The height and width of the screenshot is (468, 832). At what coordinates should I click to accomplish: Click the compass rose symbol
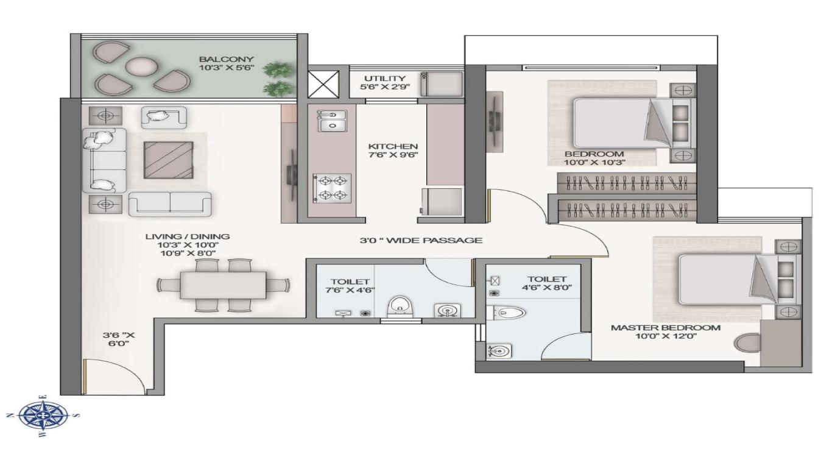(43, 416)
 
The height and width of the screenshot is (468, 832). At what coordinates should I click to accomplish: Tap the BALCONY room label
(226, 59)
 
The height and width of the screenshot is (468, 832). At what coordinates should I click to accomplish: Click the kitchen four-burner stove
(332, 188)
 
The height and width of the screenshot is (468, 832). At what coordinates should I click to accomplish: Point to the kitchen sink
(332, 121)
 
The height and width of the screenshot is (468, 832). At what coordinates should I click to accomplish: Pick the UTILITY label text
(385, 79)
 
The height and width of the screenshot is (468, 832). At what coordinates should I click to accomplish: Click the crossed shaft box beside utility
(323, 84)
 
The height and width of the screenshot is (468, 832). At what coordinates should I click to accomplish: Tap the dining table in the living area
(224, 285)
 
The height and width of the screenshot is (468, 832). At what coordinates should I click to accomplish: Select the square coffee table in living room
(169, 160)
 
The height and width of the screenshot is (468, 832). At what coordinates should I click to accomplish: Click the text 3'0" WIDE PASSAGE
(421, 241)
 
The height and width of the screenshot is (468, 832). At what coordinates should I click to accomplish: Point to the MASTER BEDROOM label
(666, 328)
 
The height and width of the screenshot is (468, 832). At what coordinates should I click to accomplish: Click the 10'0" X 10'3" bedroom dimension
(595, 163)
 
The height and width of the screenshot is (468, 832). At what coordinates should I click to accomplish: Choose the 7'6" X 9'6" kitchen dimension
(393, 155)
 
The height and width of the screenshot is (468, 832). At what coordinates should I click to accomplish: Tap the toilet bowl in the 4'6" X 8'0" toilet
(506, 313)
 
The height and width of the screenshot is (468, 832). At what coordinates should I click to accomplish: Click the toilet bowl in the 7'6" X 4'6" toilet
(400, 307)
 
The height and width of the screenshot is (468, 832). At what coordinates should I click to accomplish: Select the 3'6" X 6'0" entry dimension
(119, 339)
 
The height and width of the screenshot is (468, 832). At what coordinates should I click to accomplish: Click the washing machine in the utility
(442, 84)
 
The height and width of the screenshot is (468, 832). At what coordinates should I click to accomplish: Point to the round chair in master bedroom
(747, 342)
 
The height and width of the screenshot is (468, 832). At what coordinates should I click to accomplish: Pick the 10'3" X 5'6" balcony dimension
(226, 68)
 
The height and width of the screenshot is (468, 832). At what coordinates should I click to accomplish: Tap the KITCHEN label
(393, 146)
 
